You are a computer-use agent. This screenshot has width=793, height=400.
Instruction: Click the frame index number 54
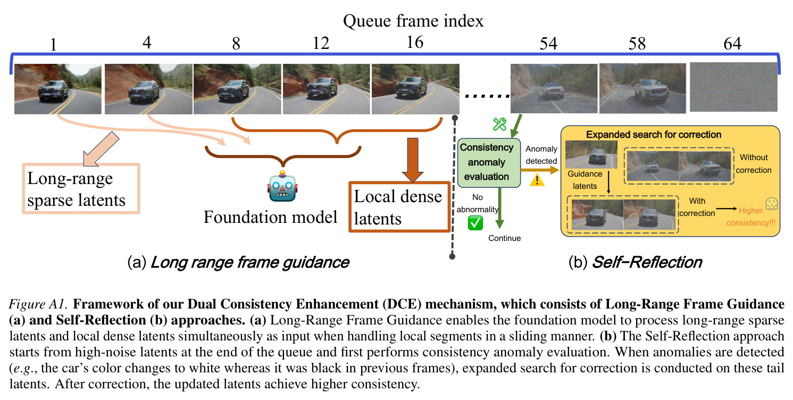[548, 44]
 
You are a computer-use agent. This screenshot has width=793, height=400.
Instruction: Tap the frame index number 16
[415, 43]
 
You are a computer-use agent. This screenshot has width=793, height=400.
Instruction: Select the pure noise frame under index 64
[733, 87]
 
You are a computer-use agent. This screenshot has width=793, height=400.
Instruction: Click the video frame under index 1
[57, 89]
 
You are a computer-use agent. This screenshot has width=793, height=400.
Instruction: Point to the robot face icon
[282, 187]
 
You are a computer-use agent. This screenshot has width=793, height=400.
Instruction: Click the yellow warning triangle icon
[537, 180]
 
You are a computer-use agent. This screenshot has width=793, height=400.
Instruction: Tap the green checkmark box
[475, 223]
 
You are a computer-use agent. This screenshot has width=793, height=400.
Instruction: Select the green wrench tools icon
[499, 124]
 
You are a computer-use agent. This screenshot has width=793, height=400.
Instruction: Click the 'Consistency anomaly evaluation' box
[489, 163]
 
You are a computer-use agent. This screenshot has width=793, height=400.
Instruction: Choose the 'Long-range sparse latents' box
[81, 189]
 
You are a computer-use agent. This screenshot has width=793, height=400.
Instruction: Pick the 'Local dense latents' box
[399, 207]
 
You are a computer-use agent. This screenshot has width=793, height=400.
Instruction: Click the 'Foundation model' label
[270, 217]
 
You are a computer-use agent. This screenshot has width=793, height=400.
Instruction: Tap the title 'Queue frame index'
[413, 21]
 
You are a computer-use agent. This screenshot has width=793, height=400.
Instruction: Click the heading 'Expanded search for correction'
[654, 135]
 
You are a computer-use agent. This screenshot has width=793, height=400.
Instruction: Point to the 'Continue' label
[505, 238]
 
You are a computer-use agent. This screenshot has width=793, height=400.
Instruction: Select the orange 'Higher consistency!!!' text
[751, 216]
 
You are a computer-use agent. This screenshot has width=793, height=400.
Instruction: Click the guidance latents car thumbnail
[591, 154]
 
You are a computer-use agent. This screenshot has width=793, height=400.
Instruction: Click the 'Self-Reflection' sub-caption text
[647, 262]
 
